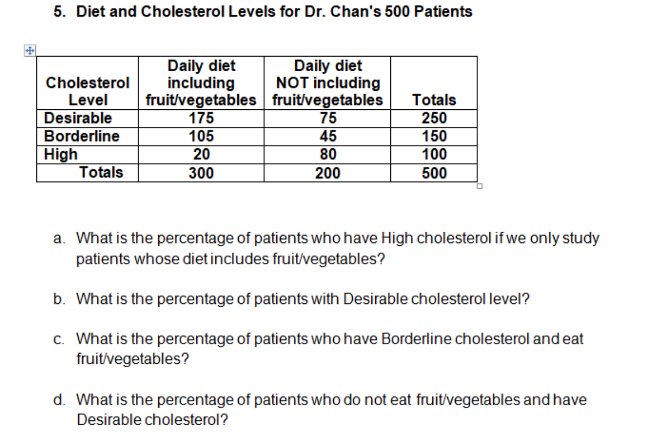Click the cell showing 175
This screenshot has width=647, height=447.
coord(201,118)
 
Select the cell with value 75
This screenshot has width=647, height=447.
coord(328,118)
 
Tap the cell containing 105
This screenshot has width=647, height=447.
coord(201,136)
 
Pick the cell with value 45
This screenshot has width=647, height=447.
coord(328,136)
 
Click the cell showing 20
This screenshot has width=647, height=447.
coord(201,154)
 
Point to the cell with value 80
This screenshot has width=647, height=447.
coord(328,154)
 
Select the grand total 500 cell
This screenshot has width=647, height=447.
coord(434,173)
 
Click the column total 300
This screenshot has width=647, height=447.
coord(201,173)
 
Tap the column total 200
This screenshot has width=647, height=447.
coord(328,173)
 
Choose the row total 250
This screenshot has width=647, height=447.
coord(434,118)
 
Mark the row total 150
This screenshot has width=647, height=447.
coord(434,136)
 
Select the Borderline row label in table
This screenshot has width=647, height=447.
coord(82,136)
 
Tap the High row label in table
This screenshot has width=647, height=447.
coord(61,154)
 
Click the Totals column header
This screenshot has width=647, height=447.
coord(434,100)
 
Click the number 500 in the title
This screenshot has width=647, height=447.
coord(399,11)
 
